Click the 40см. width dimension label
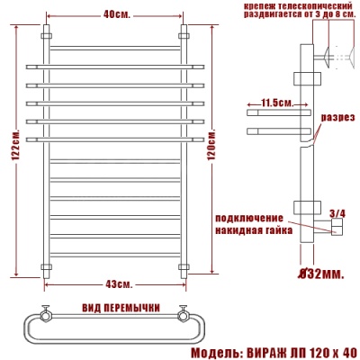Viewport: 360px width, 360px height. tap(116, 15)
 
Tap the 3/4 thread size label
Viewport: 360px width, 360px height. tap(337, 213)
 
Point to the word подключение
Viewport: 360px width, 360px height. tap(249, 219)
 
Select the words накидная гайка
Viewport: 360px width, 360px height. tap(249, 230)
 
